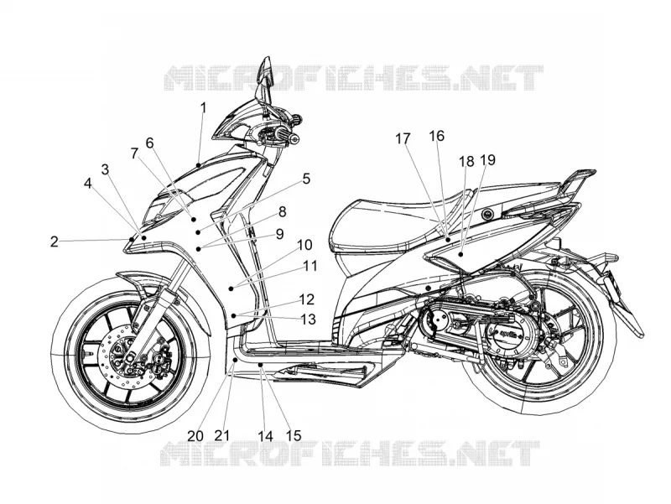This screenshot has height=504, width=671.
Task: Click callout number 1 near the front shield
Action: (x=203, y=108)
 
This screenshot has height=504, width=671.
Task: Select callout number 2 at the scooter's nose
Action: (x=54, y=242)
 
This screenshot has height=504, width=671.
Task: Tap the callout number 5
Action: (x=306, y=179)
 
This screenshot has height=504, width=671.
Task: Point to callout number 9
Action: (x=279, y=234)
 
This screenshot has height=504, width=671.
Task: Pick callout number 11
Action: (x=310, y=266)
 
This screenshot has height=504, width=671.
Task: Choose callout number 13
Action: (x=308, y=320)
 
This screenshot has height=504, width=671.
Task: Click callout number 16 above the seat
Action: (x=437, y=136)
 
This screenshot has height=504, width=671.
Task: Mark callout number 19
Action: (x=488, y=159)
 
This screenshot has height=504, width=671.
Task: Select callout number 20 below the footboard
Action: (x=195, y=436)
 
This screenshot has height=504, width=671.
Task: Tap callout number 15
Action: (x=293, y=436)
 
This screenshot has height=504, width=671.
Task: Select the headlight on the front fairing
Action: (x=159, y=211)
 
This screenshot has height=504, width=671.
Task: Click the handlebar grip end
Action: (x=294, y=138)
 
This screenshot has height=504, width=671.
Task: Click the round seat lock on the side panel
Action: (x=486, y=213)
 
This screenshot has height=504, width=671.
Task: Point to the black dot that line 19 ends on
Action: (x=460, y=255)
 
